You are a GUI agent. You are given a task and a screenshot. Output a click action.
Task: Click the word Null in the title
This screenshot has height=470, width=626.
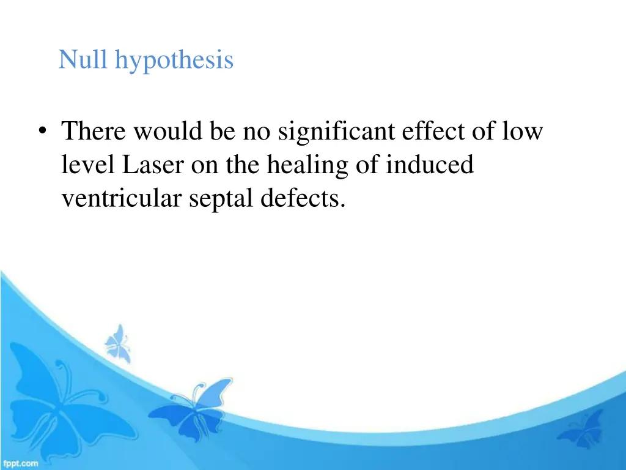click(x=84, y=60)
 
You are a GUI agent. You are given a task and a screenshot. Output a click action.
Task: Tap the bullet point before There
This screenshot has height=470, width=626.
click(x=42, y=132)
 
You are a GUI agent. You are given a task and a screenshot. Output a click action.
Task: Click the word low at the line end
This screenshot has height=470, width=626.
click(x=522, y=131)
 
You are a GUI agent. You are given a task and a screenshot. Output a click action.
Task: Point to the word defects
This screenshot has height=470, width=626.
click(x=300, y=199)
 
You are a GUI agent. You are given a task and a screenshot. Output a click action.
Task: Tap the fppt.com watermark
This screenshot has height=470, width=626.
click(x=20, y=463)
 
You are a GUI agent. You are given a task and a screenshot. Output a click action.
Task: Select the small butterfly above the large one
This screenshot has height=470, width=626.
click(x=118, y=342)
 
